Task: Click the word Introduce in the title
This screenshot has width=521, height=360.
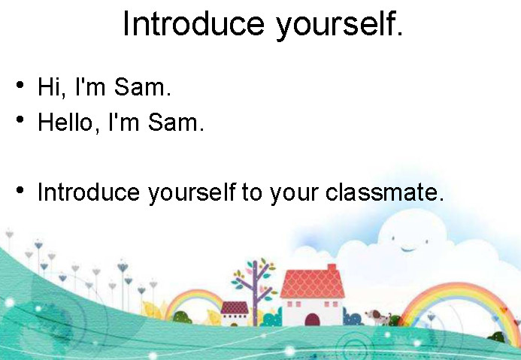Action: click(193, 23)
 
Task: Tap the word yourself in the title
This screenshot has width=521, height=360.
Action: click(339, 25)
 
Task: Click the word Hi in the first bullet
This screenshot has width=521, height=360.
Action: click(52, 87)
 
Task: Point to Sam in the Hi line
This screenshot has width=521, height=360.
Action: click(143, 86)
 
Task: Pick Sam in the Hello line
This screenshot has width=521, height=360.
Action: click(176, 122)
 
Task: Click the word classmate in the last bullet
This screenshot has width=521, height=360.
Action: click(384, 192)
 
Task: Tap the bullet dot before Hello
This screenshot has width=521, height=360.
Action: click(20, 119)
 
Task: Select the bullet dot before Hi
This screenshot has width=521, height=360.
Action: click(20, 84)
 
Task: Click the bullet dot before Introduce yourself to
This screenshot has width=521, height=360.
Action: click(20, 190)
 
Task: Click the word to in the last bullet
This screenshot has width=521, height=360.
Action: click(251, 192)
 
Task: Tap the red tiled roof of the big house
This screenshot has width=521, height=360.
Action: click(312, 284)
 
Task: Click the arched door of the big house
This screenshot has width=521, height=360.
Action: click(312, 320)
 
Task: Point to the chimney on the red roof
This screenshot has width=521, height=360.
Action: click(332, 268)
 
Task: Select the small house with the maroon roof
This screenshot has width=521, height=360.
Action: click(235, 313)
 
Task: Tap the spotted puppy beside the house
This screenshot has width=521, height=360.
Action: click(379, 317)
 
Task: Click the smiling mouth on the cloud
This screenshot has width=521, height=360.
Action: click(408, 249)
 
